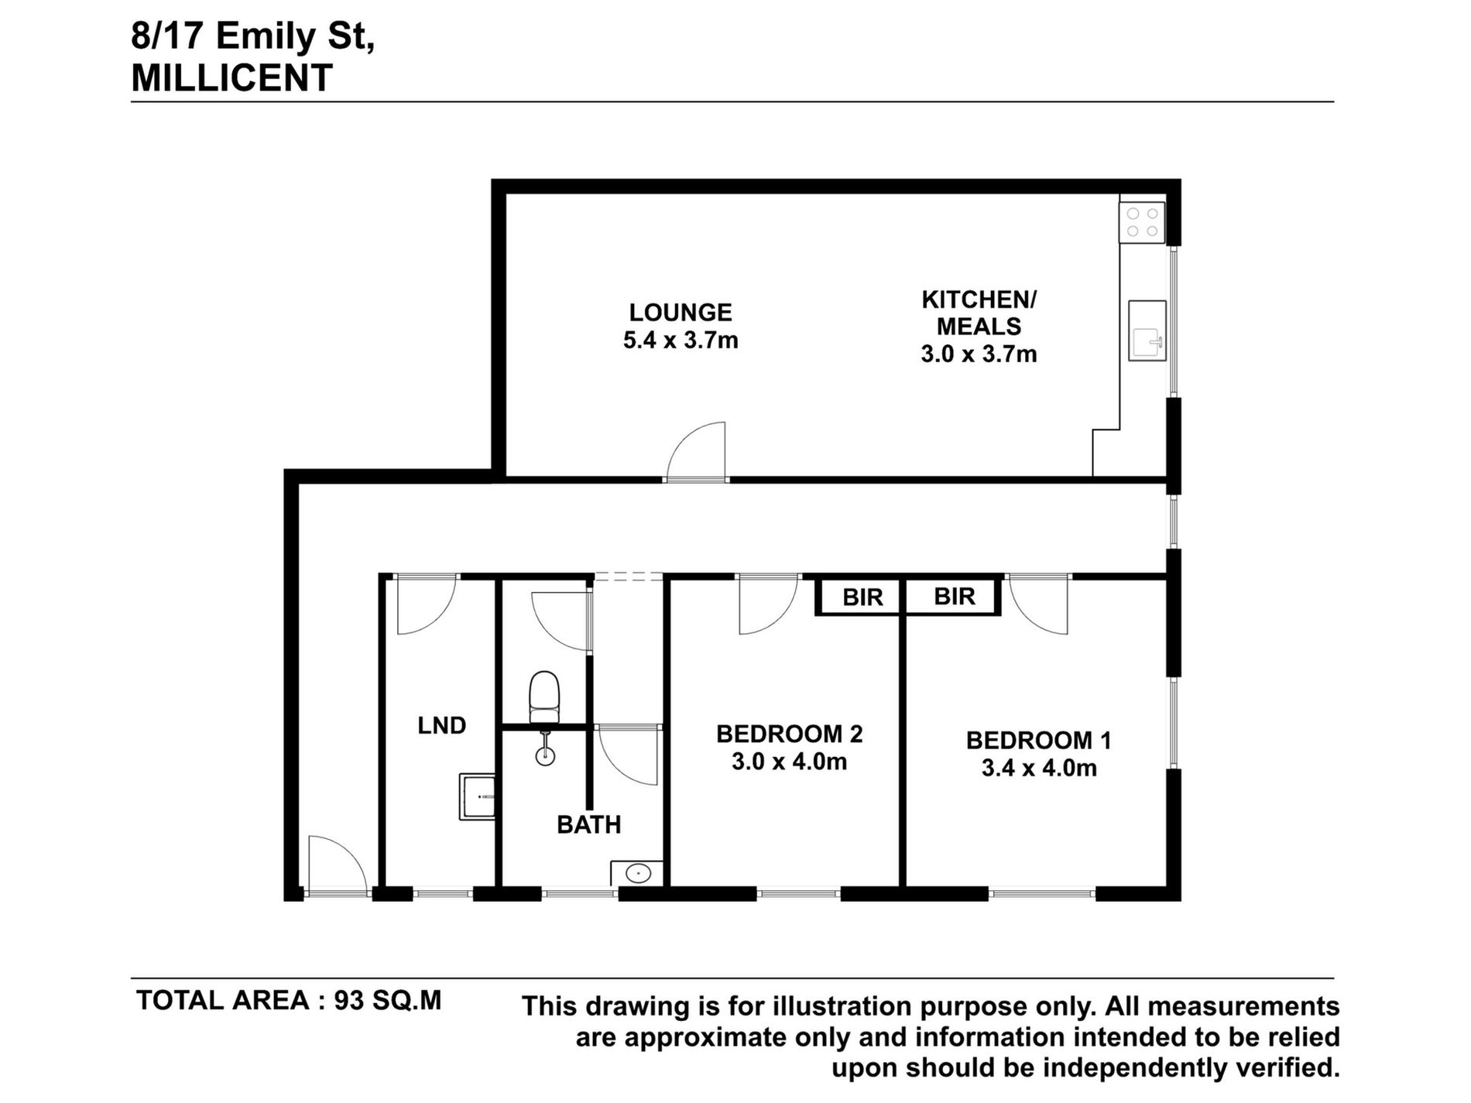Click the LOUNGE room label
[680, 313]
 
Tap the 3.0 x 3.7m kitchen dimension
[979, 355]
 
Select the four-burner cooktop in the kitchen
[1142, 222]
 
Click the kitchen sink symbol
[1147, 331]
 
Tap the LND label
[442, 726]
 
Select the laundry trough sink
[477, 796]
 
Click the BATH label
[588, 825]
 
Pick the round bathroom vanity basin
[637, 874]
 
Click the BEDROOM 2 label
[789, 734]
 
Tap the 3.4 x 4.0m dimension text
[1039, 769]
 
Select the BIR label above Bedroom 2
[862, 598]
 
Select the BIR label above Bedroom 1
[954, 597]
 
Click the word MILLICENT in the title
[232, 79]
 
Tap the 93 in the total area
[348, 1001]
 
